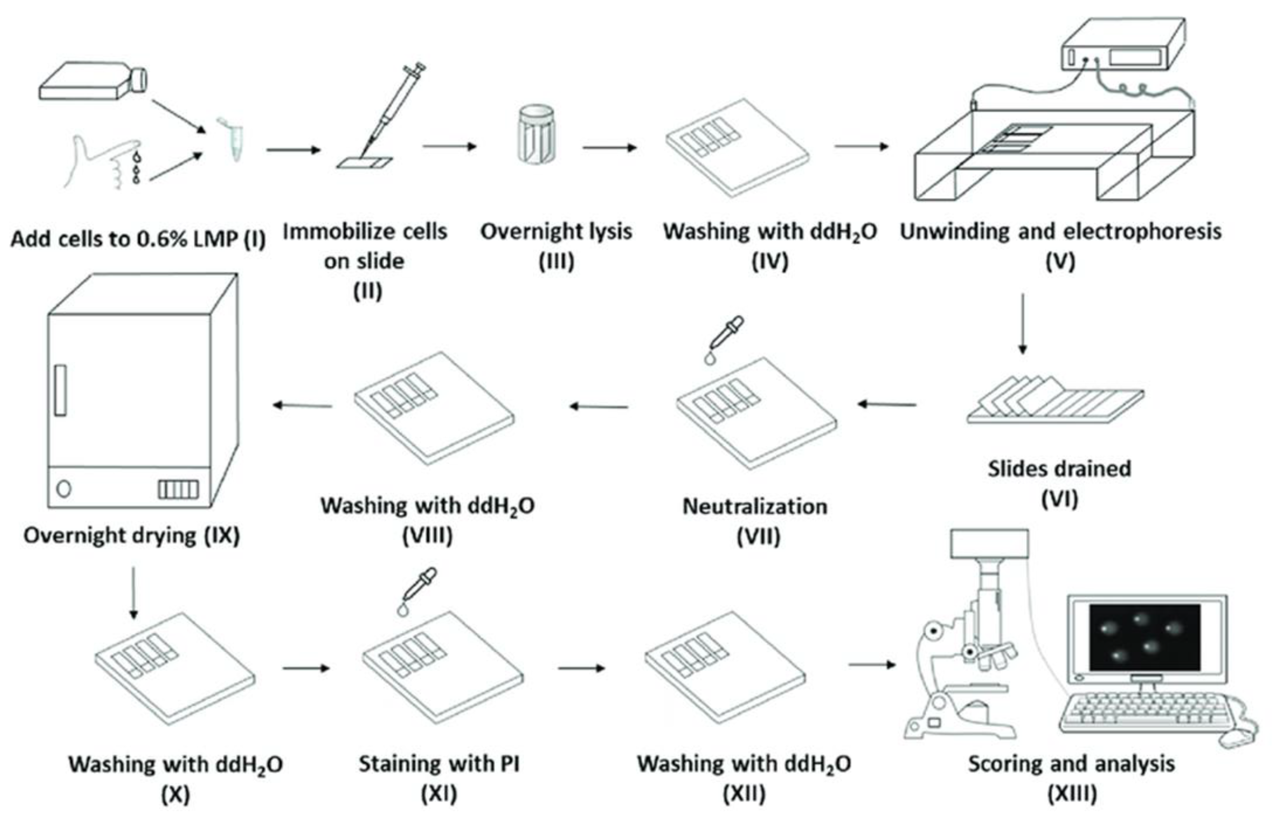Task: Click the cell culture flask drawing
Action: point(91,81)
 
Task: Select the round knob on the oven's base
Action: point(64,488)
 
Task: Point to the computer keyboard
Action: point(1145,711)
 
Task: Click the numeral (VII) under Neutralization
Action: point(758,536)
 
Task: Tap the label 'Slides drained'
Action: point(1059,469)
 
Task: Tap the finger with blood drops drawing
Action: point(104,160)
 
